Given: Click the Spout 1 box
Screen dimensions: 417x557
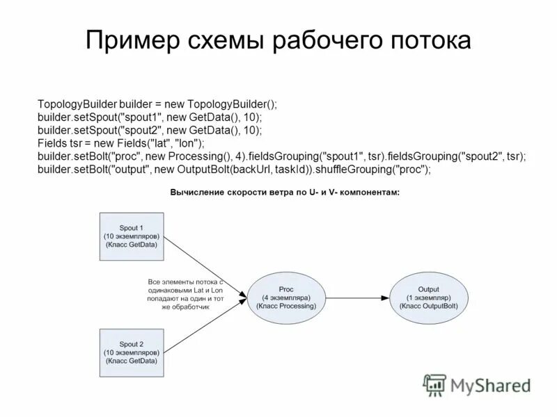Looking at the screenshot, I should [x=131, y=236].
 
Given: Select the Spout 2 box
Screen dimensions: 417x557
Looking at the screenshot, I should [x=131, y=353].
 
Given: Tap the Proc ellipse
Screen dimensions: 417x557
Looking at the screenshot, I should [x=287, y=297].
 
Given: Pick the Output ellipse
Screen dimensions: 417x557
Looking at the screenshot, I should [x=428, y=297].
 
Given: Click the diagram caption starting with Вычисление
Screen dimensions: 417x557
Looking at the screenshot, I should [x=285, y=193].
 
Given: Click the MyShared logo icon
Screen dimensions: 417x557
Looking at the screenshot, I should [x=435, y=384].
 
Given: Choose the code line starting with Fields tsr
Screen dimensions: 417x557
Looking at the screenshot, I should [x=121, y=143].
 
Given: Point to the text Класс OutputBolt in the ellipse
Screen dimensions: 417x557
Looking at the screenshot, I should [x=428, y=306].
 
